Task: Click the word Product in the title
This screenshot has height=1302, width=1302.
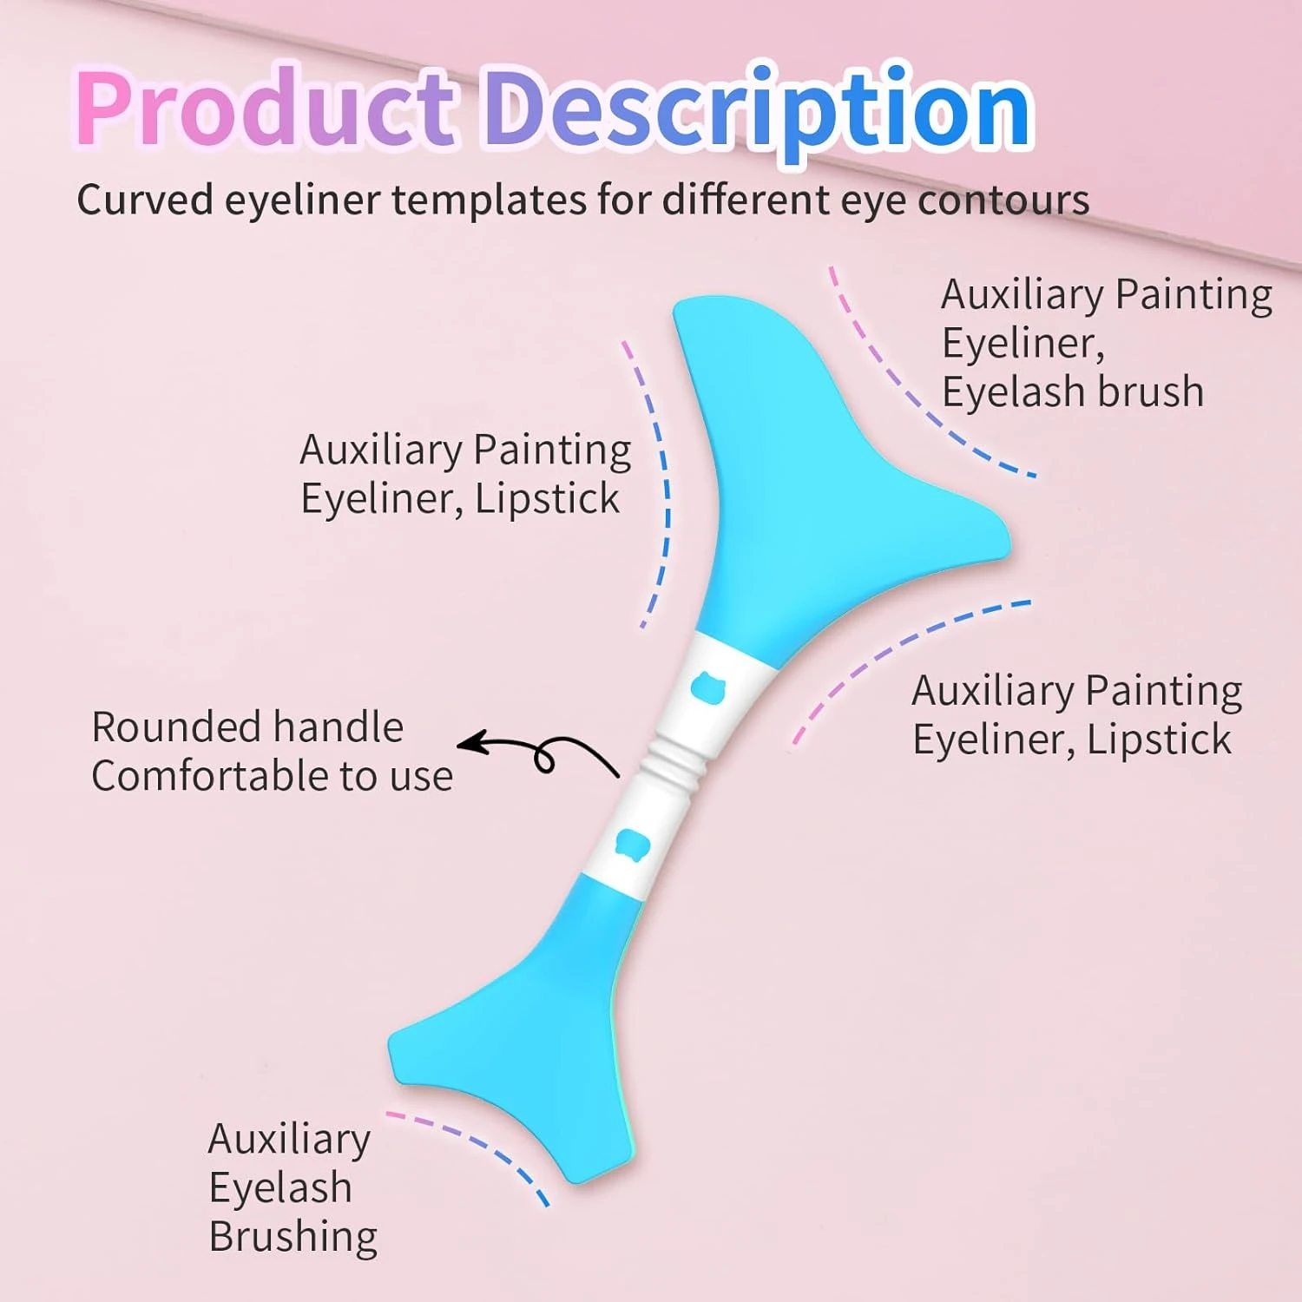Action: pos(265,108)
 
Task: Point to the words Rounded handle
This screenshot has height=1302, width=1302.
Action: pos(247,727)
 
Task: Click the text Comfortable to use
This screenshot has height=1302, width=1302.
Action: pos(272,776)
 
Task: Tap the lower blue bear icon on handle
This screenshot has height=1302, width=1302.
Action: pos(632,841)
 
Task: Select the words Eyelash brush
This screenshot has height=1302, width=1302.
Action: pos(1073,392)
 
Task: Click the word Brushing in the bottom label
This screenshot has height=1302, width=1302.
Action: pos(293,1237)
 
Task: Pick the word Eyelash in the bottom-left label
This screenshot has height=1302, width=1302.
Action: pos(280,1188)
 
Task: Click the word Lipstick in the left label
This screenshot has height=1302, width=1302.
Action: pos(547,499)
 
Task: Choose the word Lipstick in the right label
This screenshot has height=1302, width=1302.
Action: pos(1159,740)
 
